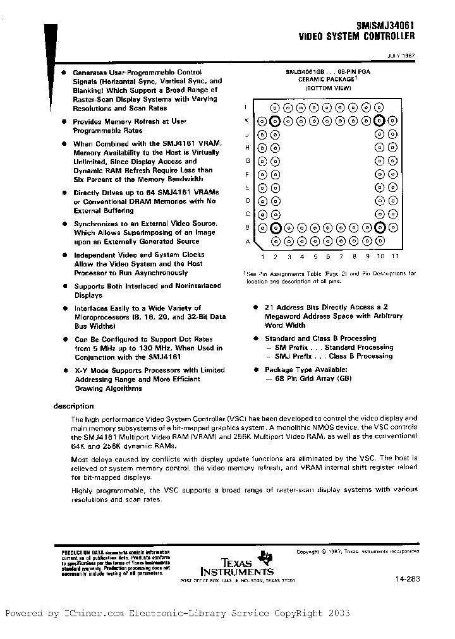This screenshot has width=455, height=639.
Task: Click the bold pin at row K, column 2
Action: click(275, 121)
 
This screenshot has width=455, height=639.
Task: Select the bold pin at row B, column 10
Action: click(380, 227)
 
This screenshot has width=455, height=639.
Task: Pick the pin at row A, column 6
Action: click(327, 241)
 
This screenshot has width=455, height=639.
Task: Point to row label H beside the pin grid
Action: click(248, 147)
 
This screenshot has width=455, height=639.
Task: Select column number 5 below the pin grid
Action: click(315, 256)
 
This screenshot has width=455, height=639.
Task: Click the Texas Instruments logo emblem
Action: click(268, 556)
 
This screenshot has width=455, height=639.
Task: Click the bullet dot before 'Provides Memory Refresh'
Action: click(64, 121)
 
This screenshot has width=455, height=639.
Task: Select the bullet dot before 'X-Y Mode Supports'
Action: click(64, 370)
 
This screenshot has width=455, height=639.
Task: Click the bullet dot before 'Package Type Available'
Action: click(256, 369)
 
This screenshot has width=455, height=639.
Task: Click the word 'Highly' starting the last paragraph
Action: click(82, 491)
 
